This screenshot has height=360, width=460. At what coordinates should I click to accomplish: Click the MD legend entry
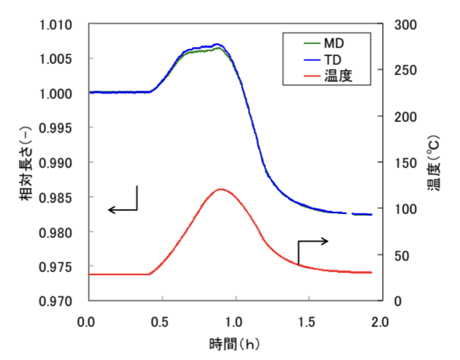click(333, 42)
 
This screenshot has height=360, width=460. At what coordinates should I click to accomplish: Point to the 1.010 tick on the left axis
click(57, 25)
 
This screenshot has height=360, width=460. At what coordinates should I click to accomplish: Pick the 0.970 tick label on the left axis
click(57, 301)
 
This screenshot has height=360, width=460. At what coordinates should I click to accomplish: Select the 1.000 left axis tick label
click(57, 94)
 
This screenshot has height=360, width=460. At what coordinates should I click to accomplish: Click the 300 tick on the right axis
click(405, 25)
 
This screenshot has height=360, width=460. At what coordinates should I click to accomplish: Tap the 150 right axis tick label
click(405, 163)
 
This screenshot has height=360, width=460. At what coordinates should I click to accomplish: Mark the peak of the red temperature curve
click(221, 189)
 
